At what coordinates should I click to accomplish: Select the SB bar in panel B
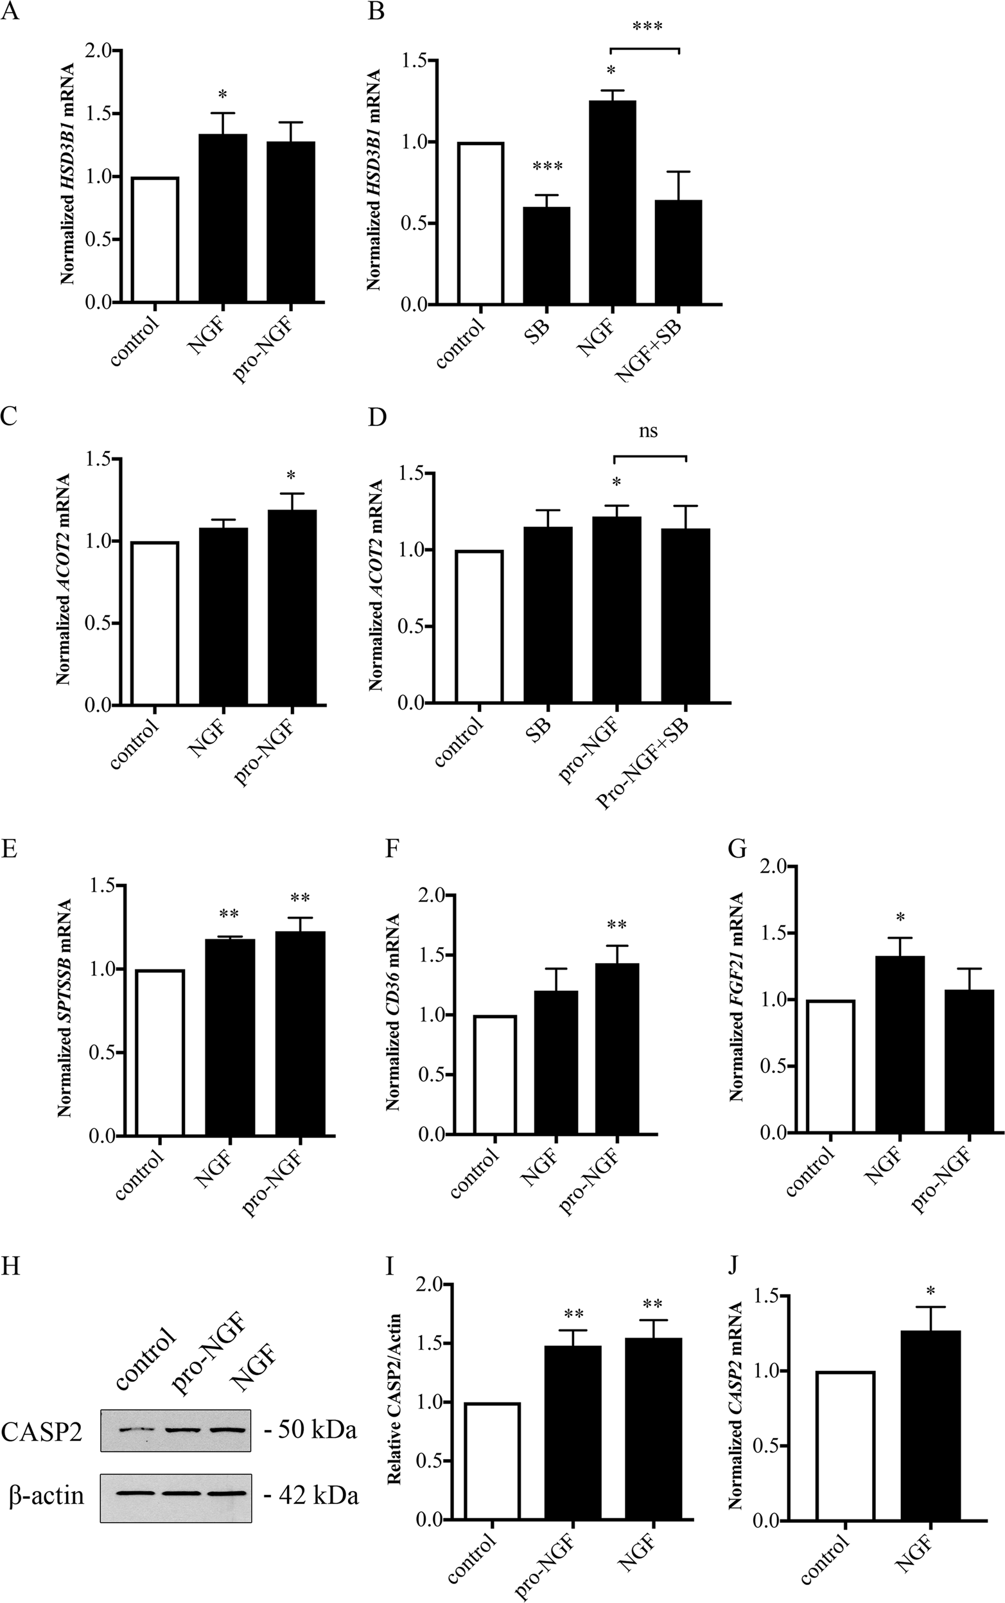547,255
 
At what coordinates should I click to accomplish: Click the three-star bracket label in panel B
647,26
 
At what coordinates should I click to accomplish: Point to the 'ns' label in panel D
648,432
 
